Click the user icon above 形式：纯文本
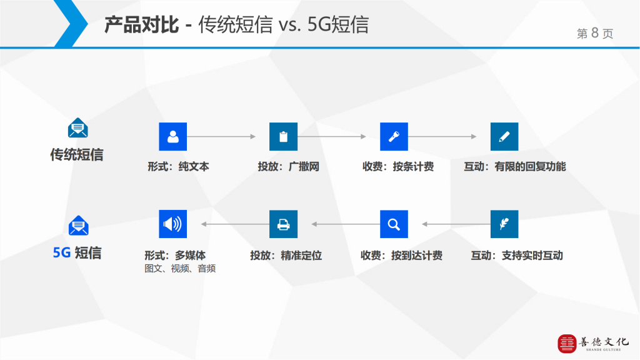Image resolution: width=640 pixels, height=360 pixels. point(172,136)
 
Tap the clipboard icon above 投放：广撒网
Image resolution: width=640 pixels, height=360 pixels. point(283,136)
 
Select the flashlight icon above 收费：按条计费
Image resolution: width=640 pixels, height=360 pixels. point(394,136)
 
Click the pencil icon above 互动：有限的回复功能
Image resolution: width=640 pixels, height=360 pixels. point(504,136)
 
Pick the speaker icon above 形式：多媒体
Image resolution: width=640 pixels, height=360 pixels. point(172,224)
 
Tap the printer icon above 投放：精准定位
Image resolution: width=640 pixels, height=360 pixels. point(283,224)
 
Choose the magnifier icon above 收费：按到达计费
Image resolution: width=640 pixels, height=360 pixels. point(394,224)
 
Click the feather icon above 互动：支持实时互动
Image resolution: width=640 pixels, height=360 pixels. point(504,224)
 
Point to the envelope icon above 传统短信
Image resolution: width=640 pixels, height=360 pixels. point(77,127)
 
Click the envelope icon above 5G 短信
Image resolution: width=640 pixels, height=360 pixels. point(78,225)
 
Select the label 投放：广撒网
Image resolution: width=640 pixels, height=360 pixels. point(289,166)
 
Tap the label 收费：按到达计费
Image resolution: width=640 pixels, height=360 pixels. point(401,256)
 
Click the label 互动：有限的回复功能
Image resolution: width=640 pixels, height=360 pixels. point(515,166)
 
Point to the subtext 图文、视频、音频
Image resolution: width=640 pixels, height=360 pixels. point(180,269)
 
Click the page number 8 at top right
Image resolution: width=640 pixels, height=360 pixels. point(595,32)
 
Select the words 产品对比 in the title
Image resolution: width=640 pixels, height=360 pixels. point(142,24)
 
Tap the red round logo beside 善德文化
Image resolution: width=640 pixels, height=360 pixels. point(567,344)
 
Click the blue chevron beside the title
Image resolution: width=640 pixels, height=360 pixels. point(71,24)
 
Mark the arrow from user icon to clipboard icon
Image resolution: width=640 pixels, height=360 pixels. point(221,136)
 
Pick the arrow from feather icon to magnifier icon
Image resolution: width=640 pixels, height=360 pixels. point(456,224)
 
